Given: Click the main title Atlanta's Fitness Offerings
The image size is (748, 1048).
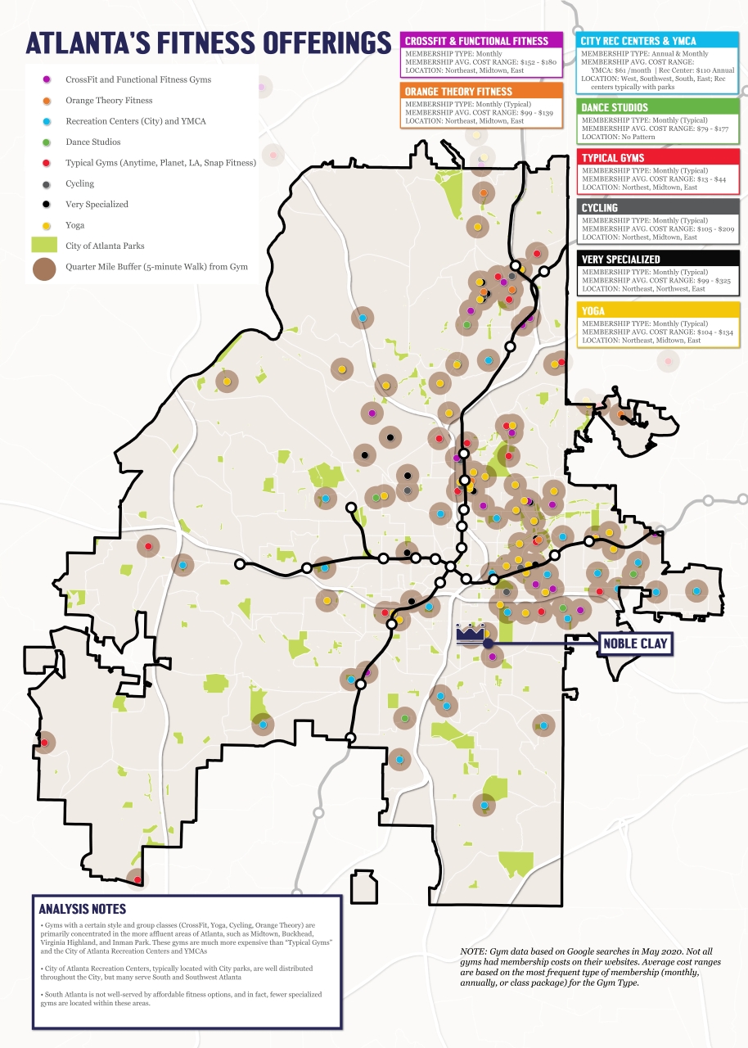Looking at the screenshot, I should tap(209, 43).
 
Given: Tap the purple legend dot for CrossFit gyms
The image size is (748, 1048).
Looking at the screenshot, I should tap(47, 79).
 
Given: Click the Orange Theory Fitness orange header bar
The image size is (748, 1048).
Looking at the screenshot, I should tap(480, 91).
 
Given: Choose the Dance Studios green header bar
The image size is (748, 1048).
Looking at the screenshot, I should tap(658, 107).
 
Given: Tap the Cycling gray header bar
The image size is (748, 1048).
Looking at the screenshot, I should tap(658, 208).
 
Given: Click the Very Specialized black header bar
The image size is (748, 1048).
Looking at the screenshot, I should tap(658, 259).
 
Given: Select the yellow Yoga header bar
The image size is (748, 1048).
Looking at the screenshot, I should tap(658, 310).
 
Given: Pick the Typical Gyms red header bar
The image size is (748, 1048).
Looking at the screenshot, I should tap(658, 157).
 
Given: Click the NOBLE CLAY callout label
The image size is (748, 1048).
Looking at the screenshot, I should tap(635, 644).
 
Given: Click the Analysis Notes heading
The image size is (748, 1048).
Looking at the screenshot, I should tap(83, 909).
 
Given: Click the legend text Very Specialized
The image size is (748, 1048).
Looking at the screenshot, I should tap(97, 204).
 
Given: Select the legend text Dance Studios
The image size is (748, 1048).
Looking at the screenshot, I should tap(93, 142).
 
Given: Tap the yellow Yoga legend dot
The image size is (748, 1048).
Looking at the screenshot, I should tap(47, 224).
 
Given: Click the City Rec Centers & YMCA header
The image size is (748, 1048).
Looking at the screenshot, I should tap(658, 40).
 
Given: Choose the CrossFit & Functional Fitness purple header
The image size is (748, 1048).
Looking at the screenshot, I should tap(480, 40).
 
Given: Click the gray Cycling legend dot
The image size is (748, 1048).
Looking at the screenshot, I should tap(47, 183).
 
